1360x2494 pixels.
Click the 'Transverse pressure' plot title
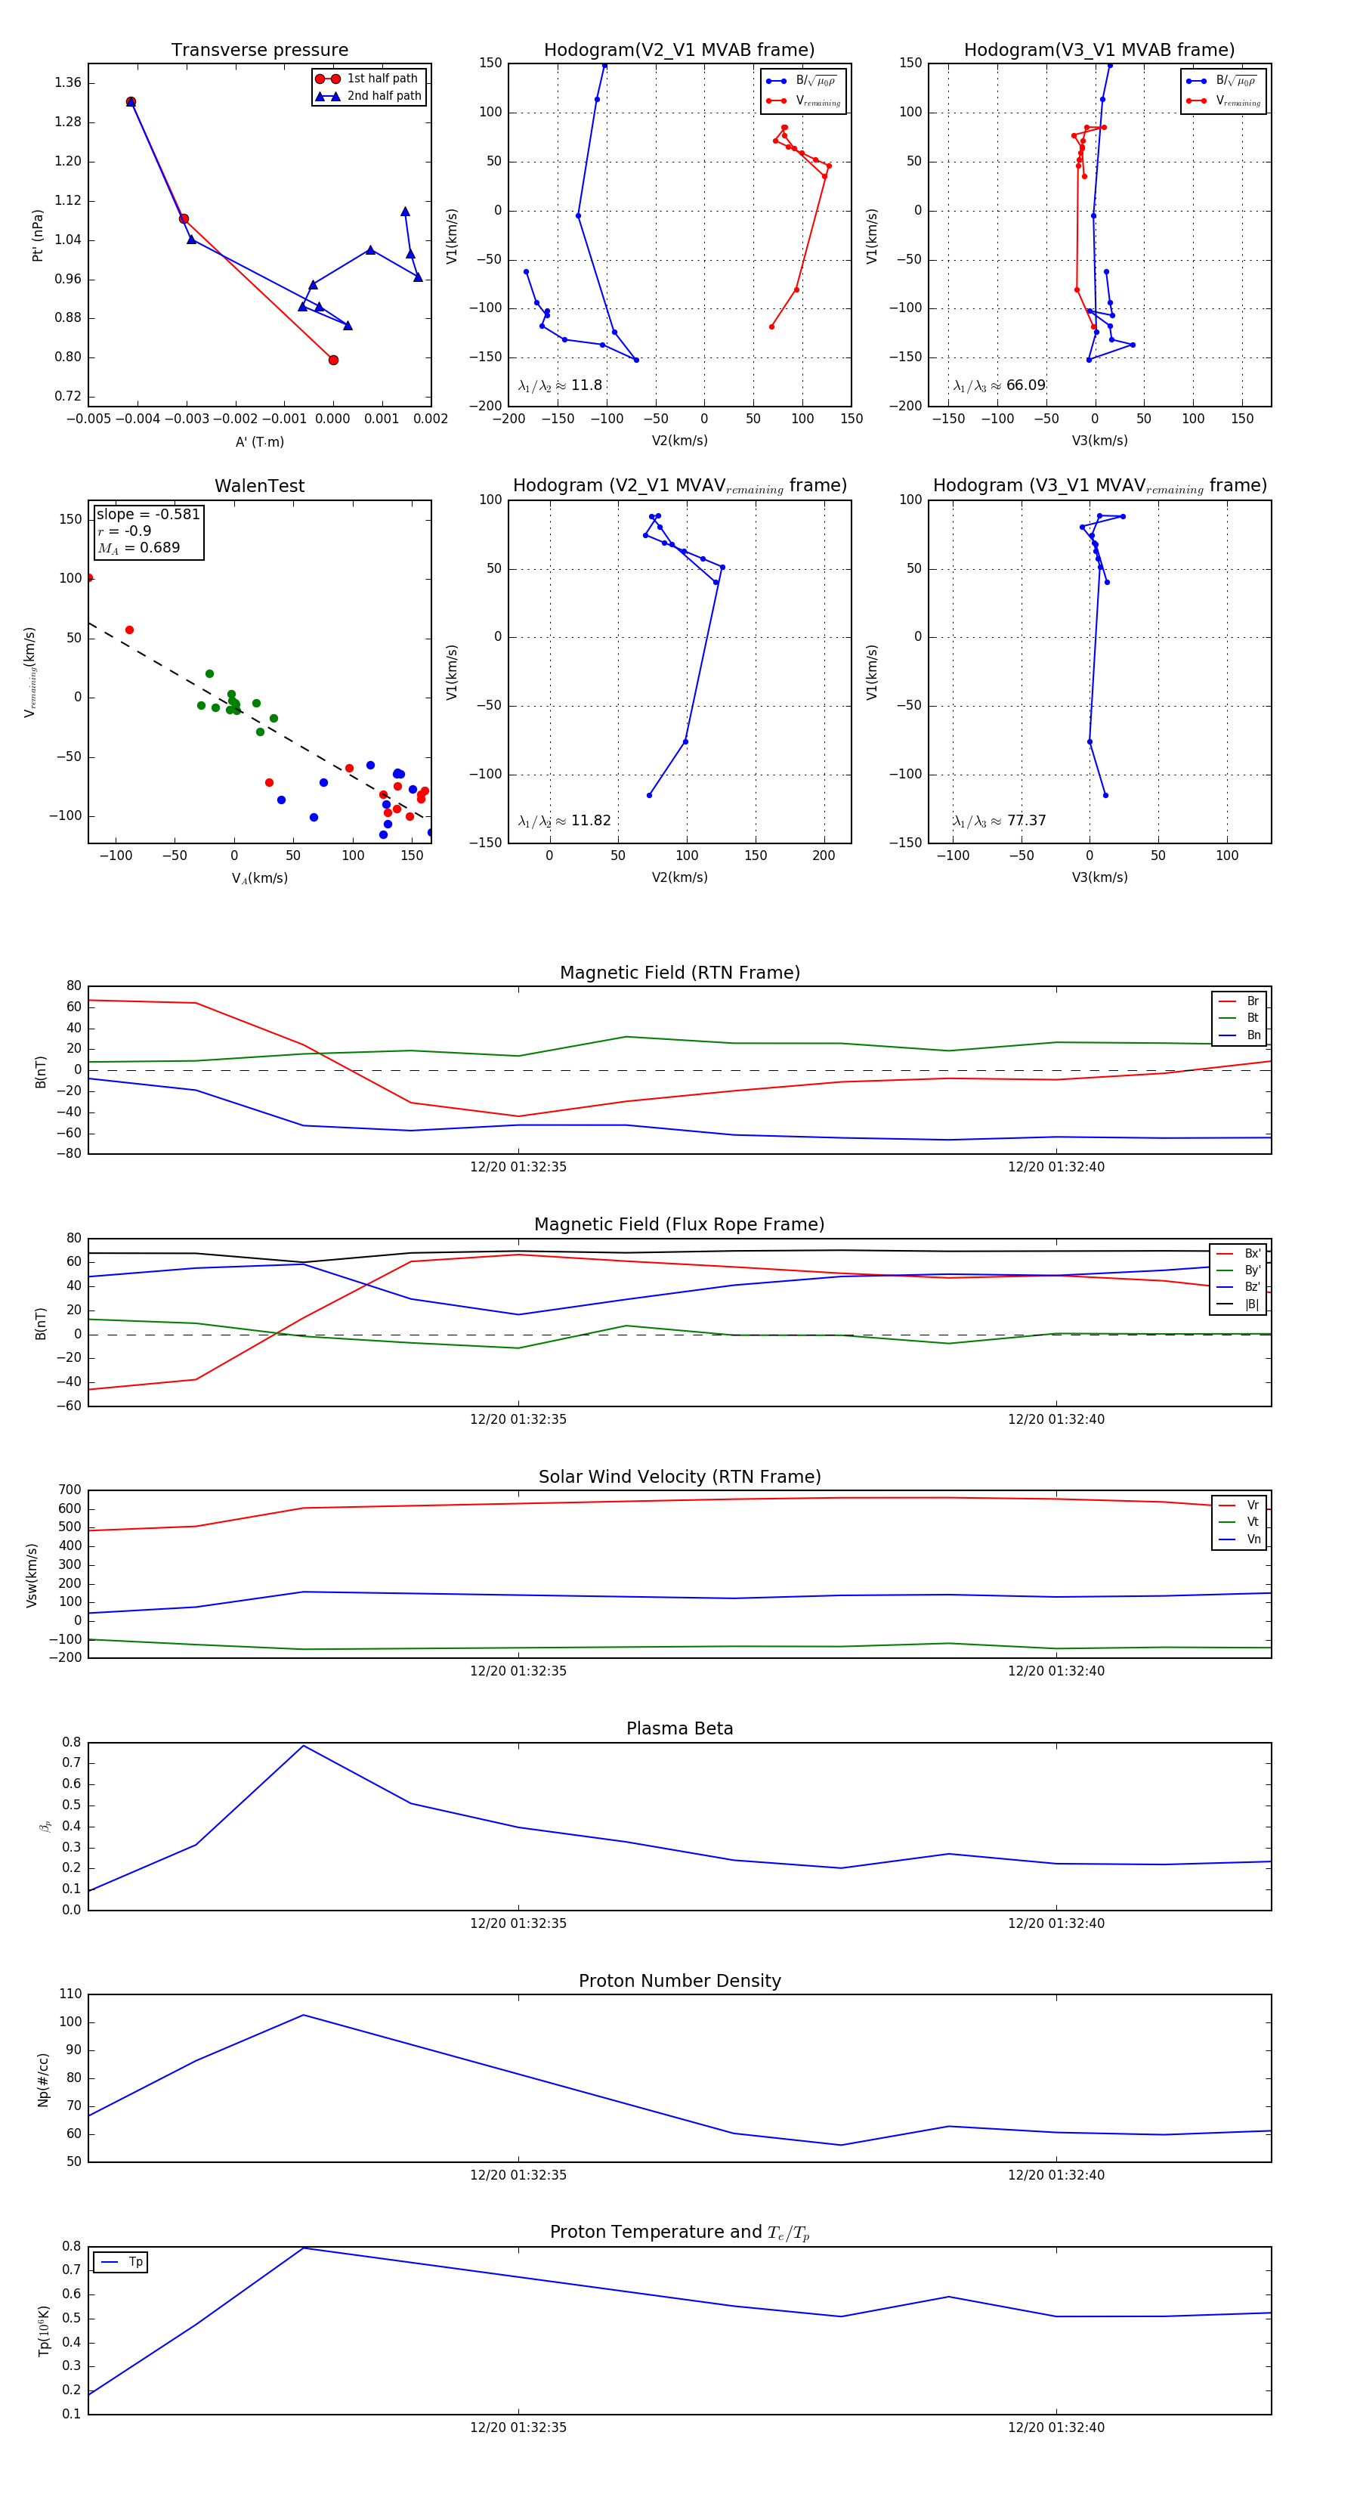259,51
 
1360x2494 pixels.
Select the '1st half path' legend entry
382,79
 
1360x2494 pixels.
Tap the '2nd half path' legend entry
383,96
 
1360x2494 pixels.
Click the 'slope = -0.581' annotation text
148,514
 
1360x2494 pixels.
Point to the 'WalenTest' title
259,486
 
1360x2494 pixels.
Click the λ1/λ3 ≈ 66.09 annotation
999,385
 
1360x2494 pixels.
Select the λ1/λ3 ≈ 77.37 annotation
999,821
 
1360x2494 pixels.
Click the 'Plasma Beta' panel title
679,1728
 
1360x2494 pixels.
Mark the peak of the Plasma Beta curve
304,1746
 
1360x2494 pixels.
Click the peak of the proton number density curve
304,2015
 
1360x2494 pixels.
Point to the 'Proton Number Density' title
679,1981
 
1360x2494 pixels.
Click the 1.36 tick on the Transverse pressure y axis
68,82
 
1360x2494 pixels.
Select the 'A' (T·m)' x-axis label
259,441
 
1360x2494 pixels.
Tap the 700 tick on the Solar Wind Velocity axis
70,1490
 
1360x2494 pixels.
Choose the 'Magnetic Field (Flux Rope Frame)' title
679,1225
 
